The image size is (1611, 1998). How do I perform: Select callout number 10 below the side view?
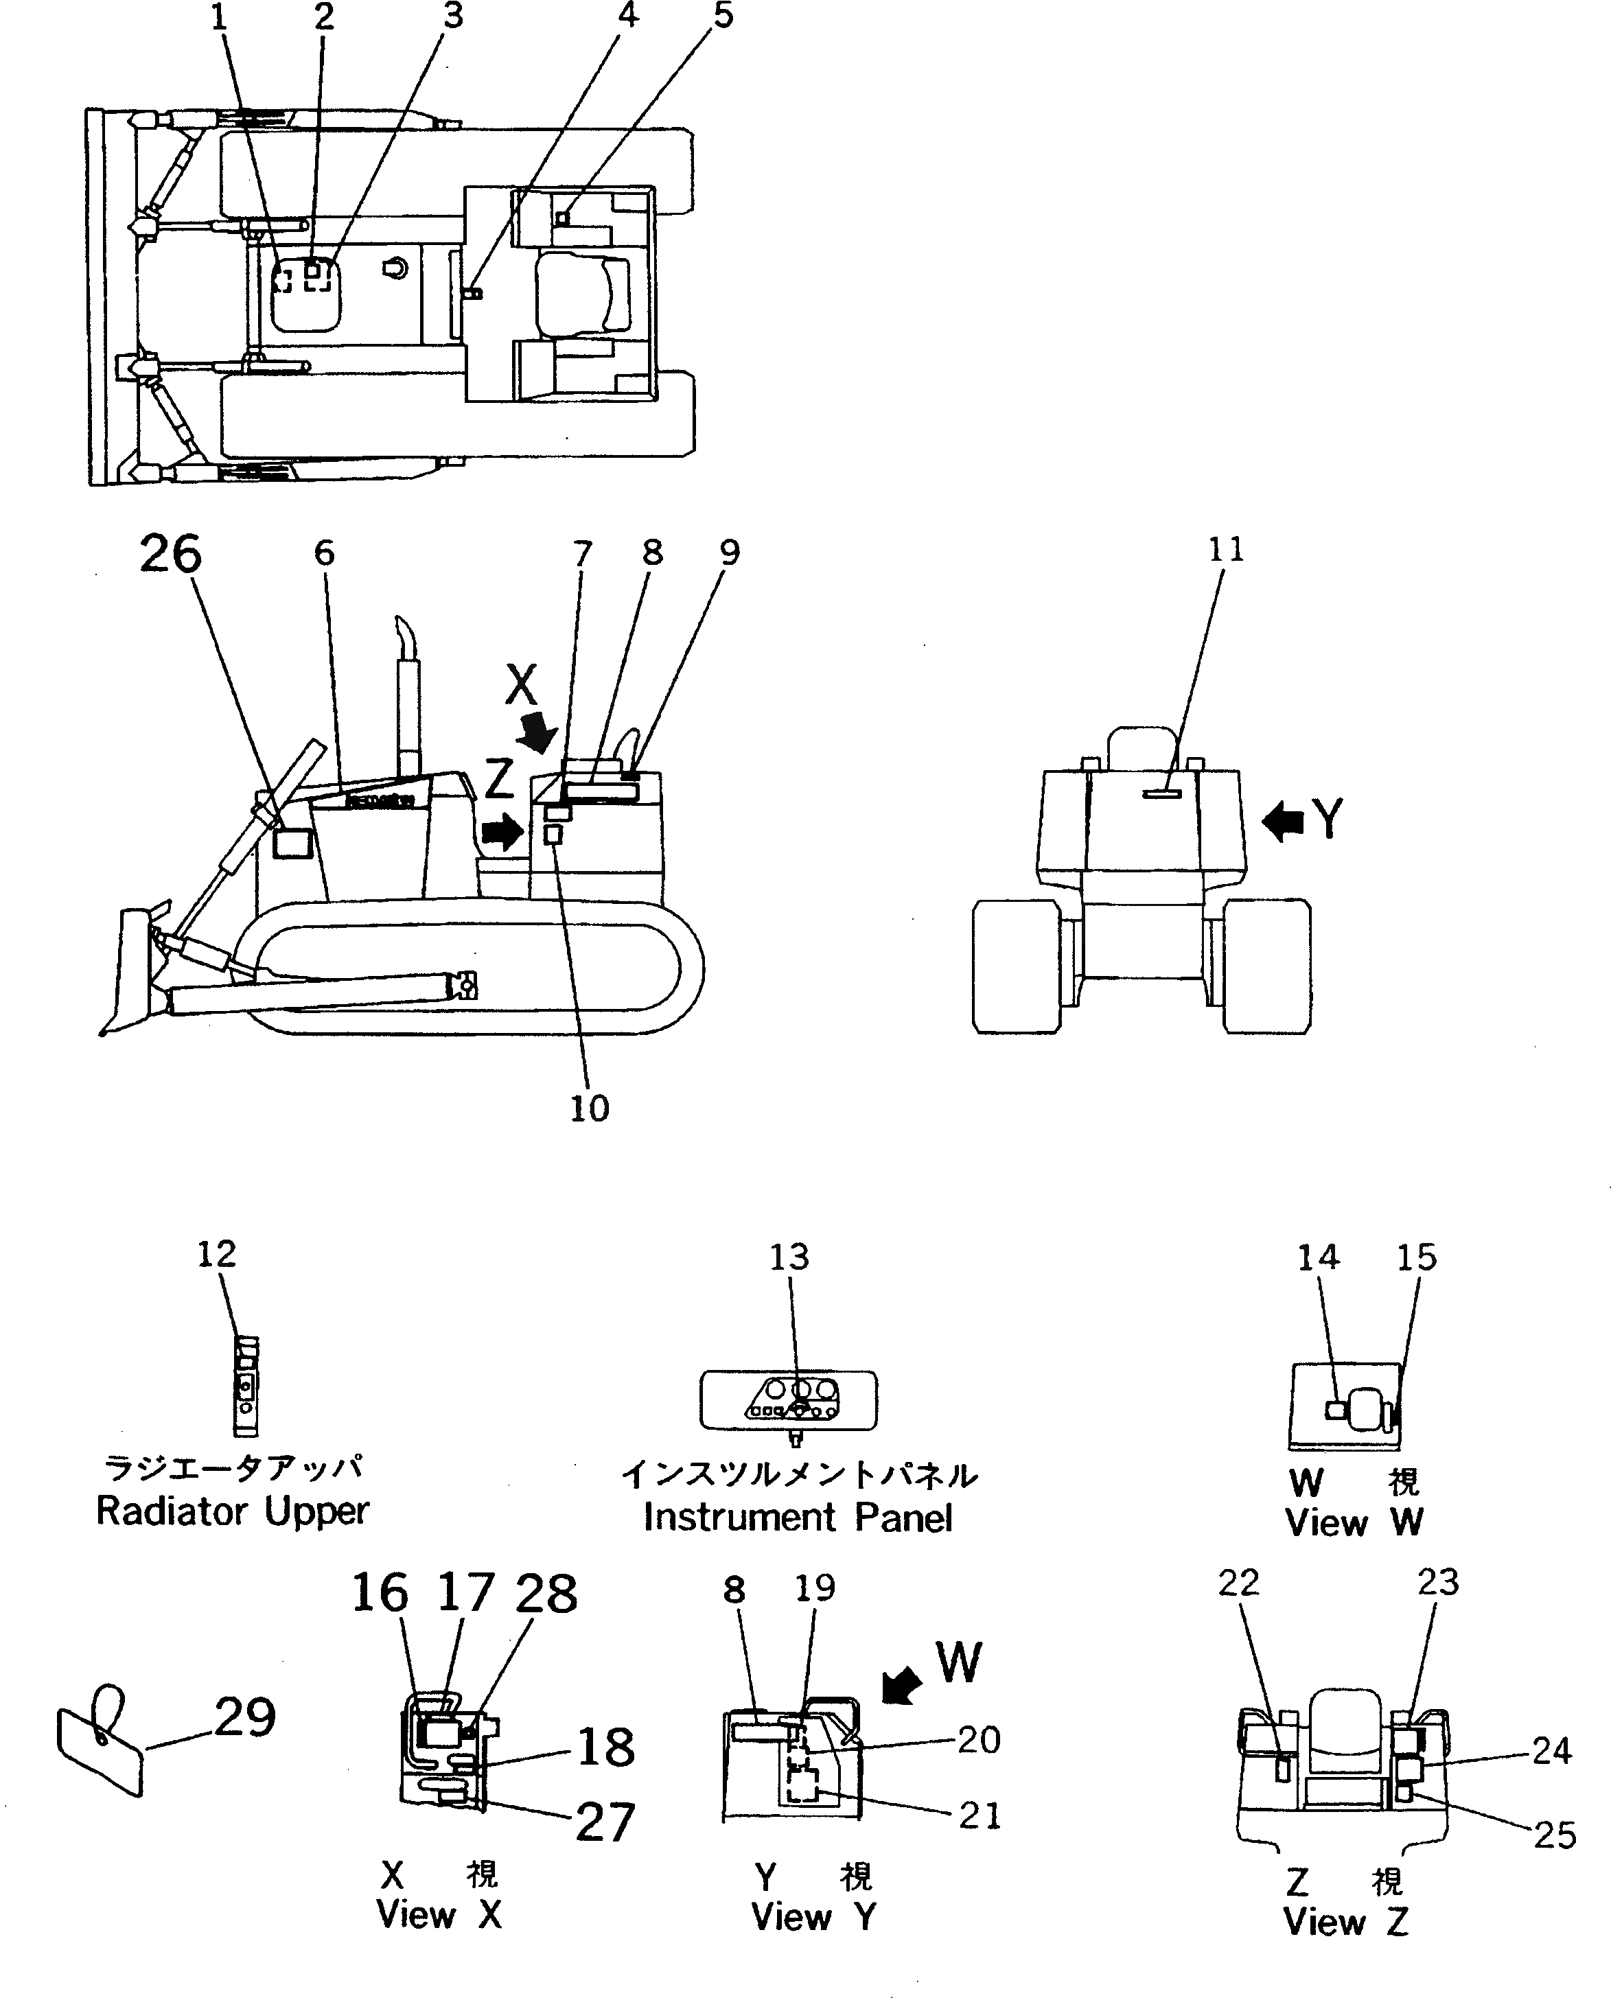(588, 1108)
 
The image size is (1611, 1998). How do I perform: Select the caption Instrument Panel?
(798, 1518)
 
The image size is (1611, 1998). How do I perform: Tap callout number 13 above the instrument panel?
(789, 1257)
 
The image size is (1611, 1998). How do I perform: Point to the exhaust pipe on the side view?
(408, 696)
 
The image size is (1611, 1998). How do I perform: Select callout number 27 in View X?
(605, 1822)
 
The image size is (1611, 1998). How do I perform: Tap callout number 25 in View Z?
(1555, 1835)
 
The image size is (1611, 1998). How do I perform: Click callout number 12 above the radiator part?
(216, 1254)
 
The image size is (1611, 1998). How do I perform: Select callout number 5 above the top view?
(723, 15)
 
